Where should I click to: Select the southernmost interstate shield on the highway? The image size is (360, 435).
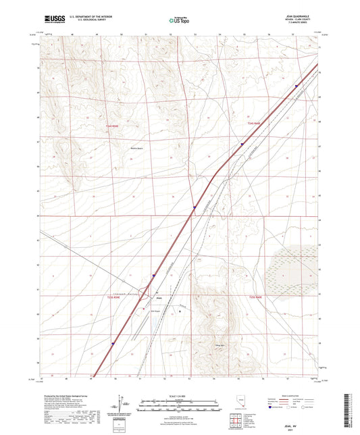click(113, 342)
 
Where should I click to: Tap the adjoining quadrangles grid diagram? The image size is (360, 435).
click(234, 421)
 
